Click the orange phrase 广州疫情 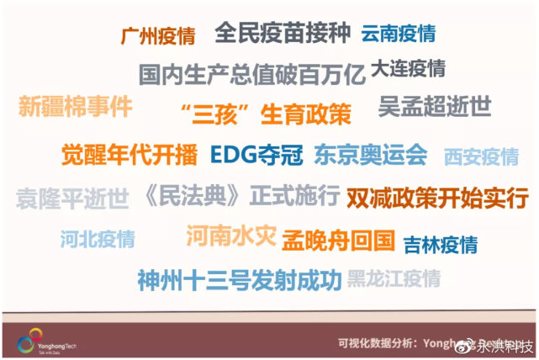coord(158,37)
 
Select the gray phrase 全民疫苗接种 coord(282,33)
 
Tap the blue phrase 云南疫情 coord(399,34)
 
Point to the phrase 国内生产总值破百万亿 coord(252,75)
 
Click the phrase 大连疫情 coord(408,68)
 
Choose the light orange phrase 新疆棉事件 coord(75,108)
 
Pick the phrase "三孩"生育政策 coord(266,114)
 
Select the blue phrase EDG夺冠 coord(256,155)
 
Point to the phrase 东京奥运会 coord(371,155)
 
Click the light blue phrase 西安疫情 coord(481,156)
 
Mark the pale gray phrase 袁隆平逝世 coord(72,199)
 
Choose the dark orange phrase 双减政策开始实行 coord(437,198)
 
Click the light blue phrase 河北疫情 coord(97,239)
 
